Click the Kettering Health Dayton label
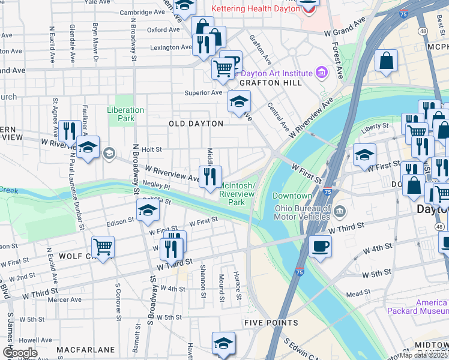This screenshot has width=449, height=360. pos(255,9)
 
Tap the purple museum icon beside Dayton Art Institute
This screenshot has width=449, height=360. pos(322,73)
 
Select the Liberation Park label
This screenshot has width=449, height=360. pos(125,114)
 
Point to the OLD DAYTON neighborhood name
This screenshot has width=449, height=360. pos(196,124)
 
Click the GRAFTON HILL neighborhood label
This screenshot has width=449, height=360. pos(270,83)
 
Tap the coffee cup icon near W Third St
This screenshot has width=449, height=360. pos(319,245)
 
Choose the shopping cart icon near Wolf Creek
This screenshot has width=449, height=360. pos(103,246)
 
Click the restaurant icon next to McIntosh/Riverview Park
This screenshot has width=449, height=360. pos(210,176)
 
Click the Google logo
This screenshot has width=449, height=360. pos(20,353)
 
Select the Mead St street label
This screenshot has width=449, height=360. pos(358,294)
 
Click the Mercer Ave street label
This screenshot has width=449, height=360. pos(64,299)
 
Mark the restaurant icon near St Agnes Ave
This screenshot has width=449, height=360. pos(70,130)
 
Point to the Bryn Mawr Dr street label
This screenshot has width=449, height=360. pos(95,42)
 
